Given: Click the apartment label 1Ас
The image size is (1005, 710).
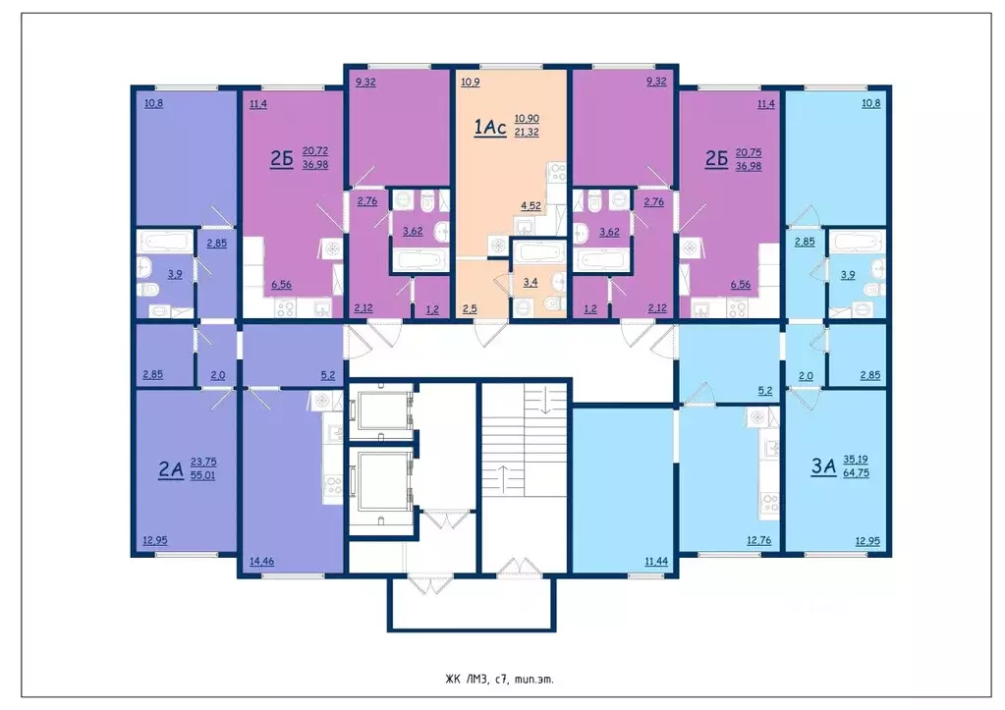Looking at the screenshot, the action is [x=489, y=127].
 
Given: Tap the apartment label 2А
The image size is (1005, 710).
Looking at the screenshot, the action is [x=171, y=469].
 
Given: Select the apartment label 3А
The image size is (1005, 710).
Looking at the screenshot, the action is [x=823, y=466].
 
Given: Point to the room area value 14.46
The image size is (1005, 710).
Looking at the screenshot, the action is [x=261, y=562].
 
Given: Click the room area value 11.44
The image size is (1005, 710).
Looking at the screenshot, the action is [x=656, y=562].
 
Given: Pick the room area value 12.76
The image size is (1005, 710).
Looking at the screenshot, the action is [x=758, y=540].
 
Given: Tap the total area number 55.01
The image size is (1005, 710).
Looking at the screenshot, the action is [x=202, y=475].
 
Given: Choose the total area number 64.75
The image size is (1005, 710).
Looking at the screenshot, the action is [x=857, y=473].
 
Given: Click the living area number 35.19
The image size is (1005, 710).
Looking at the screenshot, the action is [x=856, y=460].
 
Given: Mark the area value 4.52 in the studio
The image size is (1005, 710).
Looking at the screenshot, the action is [x=530, y=205].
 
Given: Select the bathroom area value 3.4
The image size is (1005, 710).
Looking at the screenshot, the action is [x=530, y=282].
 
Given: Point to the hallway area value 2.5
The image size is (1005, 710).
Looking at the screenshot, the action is [x=470, y=308].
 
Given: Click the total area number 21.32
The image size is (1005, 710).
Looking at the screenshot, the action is [x=527, y=132].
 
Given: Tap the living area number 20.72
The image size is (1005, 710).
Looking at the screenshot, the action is [x=315, y=151].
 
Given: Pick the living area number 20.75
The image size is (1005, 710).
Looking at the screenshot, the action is [x=749, y=152].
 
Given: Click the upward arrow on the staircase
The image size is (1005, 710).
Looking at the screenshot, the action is [x=504, y=478].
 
